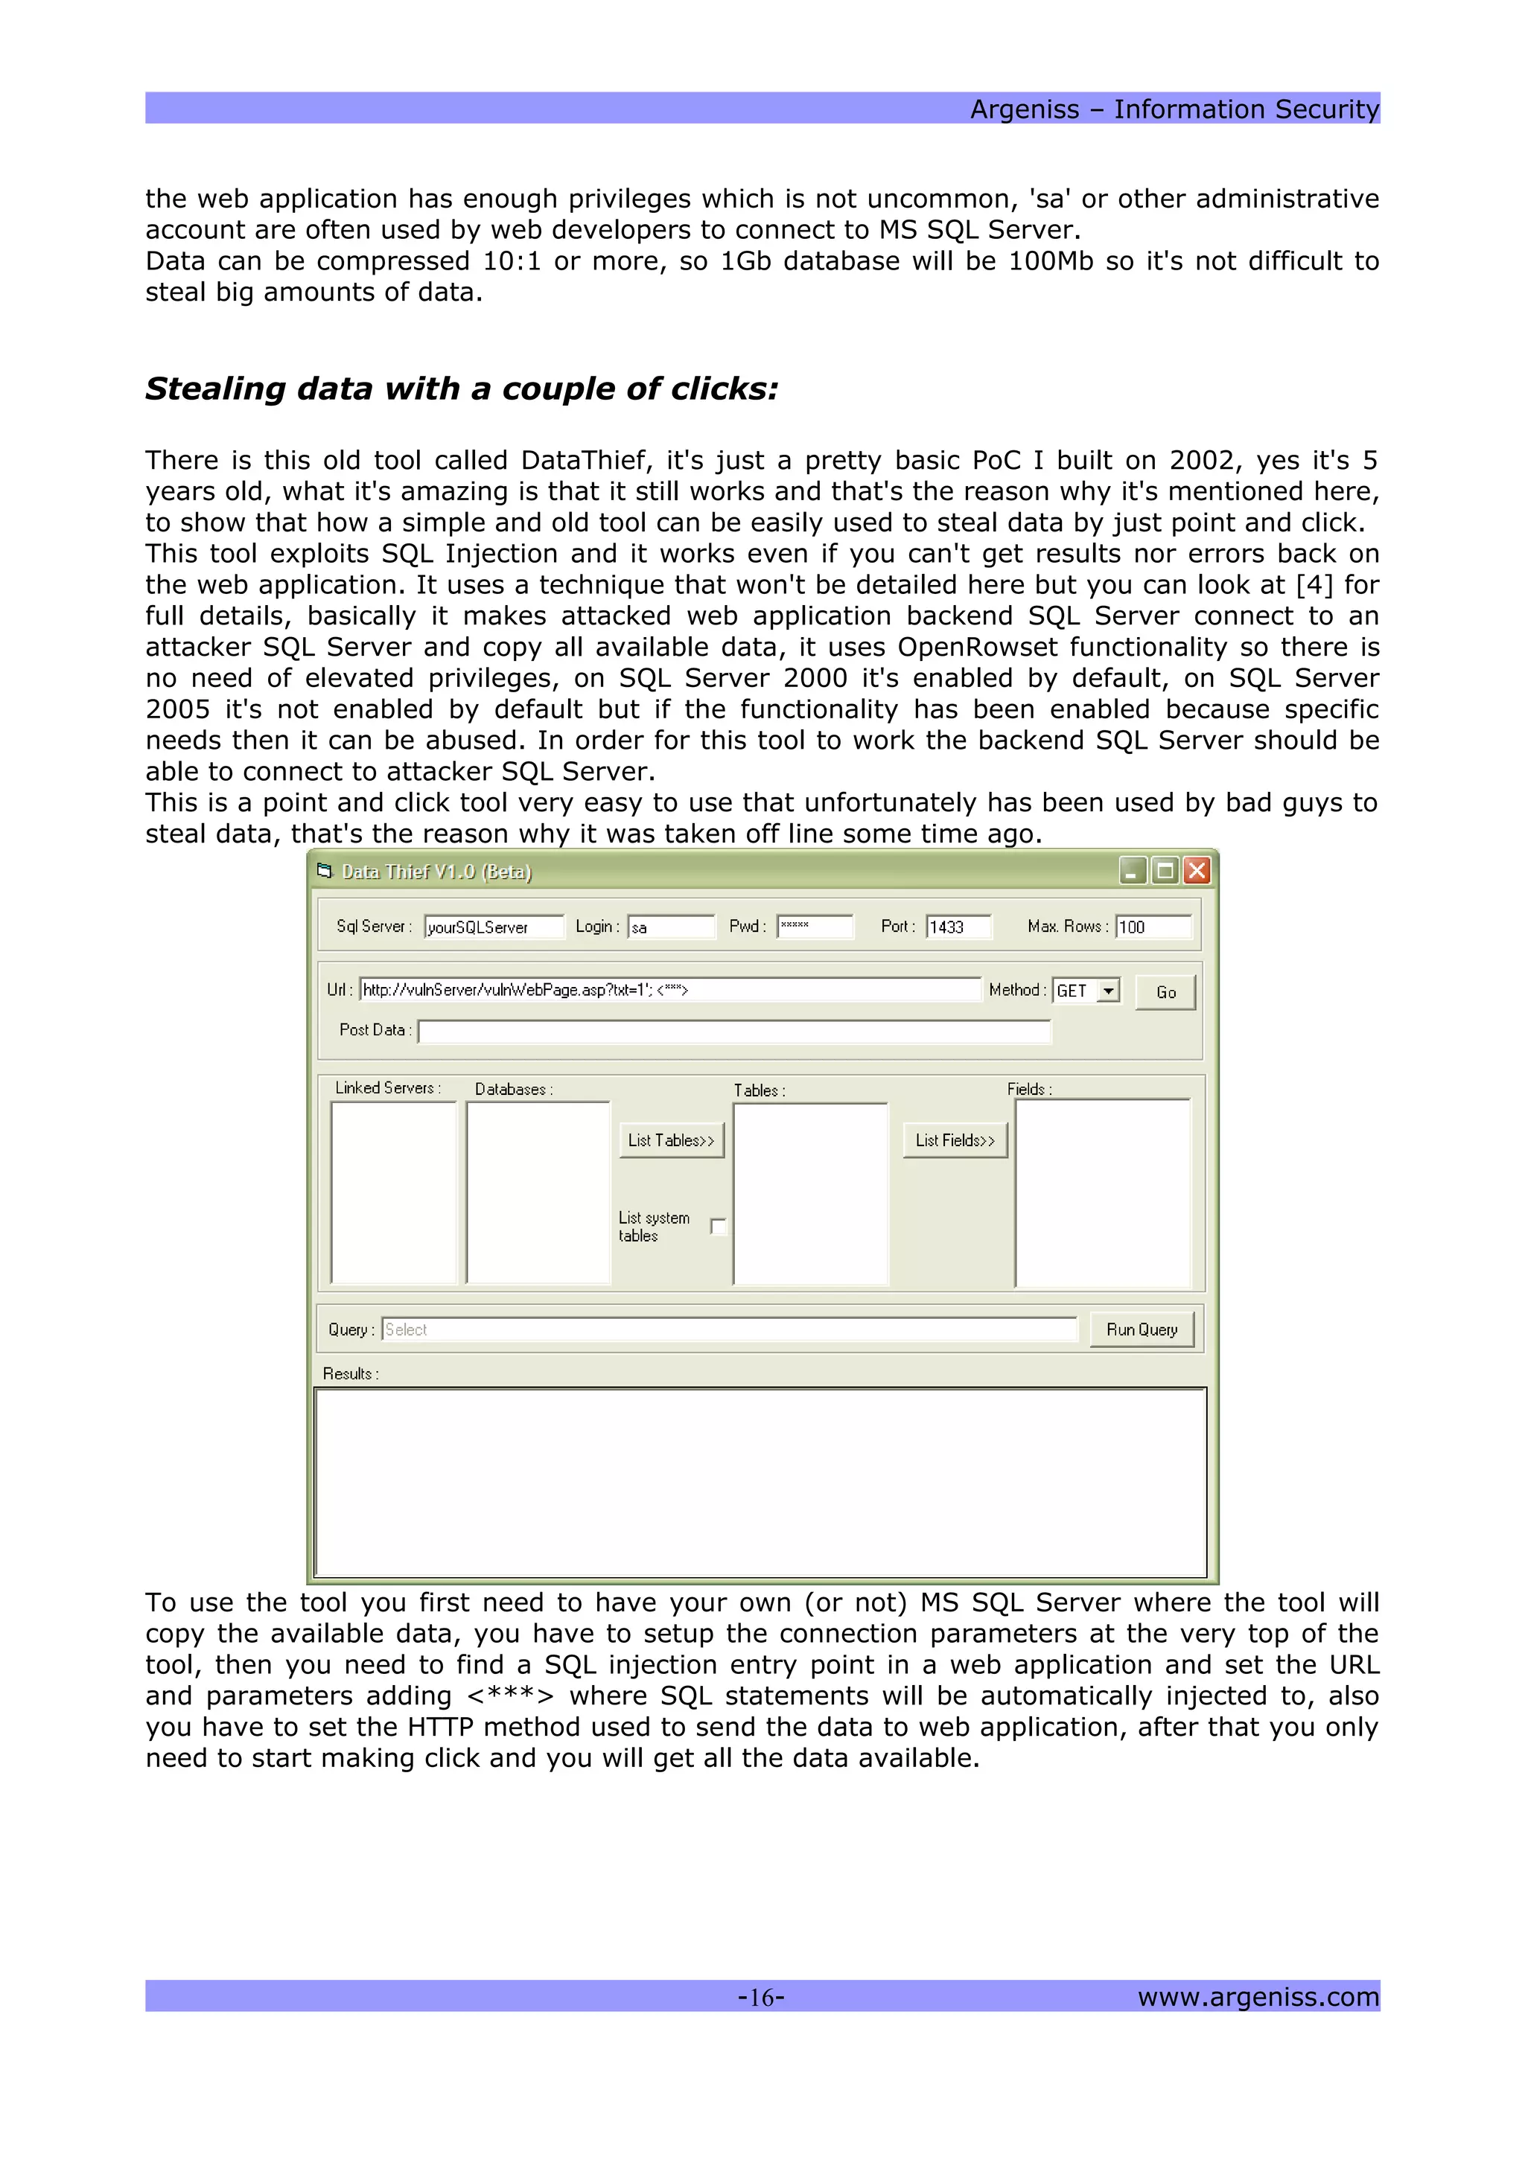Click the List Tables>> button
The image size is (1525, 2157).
pos(671,1140)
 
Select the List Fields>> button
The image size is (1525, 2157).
pos(955,1140)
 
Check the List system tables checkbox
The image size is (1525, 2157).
pos(719,1226)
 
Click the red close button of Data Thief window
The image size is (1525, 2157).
pos(1196,871)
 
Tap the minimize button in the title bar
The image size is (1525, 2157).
pos(1133,871)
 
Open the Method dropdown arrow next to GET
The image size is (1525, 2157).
pos(1109,990)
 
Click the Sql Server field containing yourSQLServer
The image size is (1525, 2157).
pos(493,927)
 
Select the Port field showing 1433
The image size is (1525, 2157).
pos(958,927)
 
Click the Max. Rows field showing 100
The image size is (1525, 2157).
pos(1153,927)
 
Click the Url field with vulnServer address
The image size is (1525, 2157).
pos(669,989)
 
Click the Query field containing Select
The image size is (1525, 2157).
pos(728,1329)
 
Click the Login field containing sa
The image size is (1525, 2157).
pos(670,927)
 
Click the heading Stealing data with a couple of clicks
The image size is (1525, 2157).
pos(462,389)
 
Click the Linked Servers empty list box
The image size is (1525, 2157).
pos(394,1191)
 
